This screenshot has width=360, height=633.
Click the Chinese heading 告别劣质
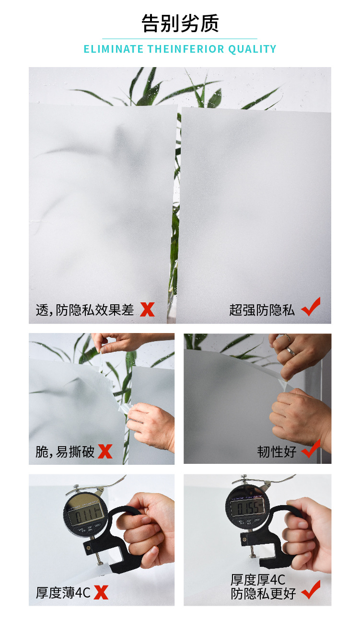point(180,23)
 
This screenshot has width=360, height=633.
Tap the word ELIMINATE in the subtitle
point(114,49)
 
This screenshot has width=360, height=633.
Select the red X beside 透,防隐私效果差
point(147,310)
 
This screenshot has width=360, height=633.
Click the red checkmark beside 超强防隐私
point(311,307)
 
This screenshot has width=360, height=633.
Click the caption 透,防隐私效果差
point(85,310)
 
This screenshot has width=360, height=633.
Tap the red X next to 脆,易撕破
point(105,451)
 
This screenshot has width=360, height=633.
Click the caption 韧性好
point(277,451)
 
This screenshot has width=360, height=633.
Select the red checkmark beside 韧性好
point(311,449)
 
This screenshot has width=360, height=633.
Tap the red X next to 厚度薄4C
point(101,592)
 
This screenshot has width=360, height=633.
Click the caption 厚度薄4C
point(63,593)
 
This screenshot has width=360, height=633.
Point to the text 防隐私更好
point(263,594)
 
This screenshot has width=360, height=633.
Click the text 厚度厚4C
point(258,580)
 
